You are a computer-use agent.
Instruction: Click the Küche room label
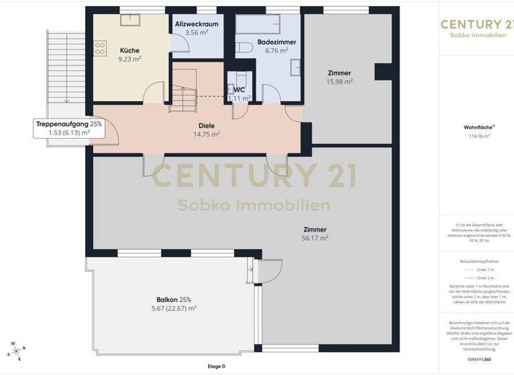[x=130, y=50]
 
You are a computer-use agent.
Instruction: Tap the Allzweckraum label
[x=196, y=23]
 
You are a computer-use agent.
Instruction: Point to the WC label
[x=239, y=88]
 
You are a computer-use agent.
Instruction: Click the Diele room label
[x=206, y=125]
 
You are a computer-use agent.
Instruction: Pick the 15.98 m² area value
[x=339, y=82]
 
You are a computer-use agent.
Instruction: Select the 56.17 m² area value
[x=315, y=238]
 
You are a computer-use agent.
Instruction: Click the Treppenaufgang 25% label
[x=69, y=124]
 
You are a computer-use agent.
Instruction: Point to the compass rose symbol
[x=17, y=351]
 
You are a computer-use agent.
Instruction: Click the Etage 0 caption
[x=216, y=366]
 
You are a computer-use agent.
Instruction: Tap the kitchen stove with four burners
[x=100, y=48]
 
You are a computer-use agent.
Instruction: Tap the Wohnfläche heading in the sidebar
[x=477, y=127]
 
